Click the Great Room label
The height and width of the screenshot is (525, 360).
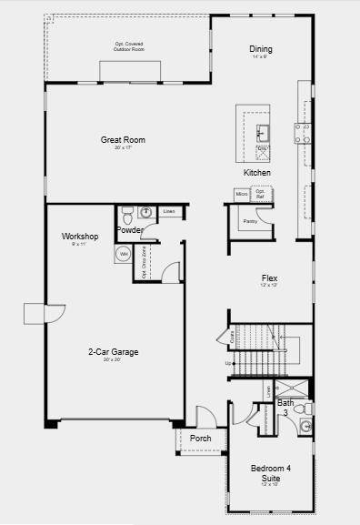click(x=123, y=140)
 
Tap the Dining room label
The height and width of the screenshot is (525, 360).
click(x=261, y=49)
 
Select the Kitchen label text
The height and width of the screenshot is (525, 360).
click(x=256, y=172)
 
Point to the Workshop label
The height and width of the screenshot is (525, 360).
click(x=80, y=237)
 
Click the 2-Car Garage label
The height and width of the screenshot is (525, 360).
click(x=113, y=352)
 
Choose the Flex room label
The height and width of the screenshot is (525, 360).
click(x=269, y=278)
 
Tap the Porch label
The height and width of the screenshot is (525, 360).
click(x=201, y=439)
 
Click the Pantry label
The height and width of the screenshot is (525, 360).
click(x=250, y=221)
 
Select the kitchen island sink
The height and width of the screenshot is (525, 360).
click(x=261, y=130)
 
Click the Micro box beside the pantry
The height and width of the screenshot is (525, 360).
click(x=242, y=194)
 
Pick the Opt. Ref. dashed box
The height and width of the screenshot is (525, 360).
click(x=260, y=193)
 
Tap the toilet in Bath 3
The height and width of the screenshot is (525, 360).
click(x=306, y=409)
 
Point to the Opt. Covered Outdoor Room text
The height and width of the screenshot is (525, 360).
click(x=128, y=46)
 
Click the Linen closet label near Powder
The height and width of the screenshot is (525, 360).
click(x=168, y=212)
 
